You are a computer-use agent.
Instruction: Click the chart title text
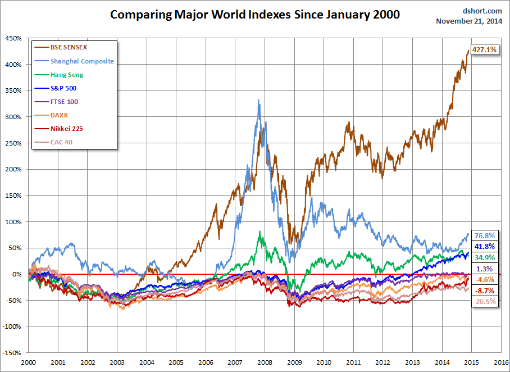pos(254,15)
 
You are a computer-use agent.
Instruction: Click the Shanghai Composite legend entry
pos(82,61)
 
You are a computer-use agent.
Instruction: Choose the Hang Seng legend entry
pos(67,75)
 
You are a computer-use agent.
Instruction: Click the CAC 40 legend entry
pos(61,142)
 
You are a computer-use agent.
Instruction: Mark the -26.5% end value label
pos(485,302)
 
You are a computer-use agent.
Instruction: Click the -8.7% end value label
pos(485,291)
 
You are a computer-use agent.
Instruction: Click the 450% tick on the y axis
pos(13,38)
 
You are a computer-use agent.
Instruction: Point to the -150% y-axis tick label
pos(12,353)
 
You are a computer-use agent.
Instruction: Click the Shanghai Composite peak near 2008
pos(258,100)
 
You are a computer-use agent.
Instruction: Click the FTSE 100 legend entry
pos(64,102)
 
